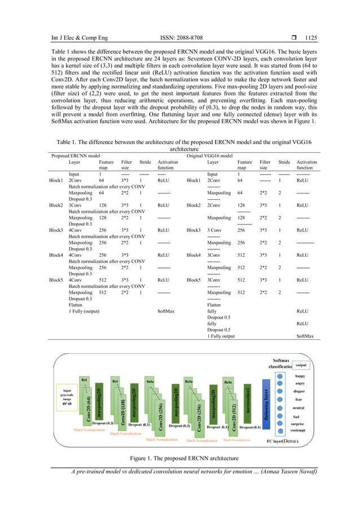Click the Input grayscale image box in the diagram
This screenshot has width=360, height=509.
click(67, 396)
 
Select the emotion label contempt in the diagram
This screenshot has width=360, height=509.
click(300, 429)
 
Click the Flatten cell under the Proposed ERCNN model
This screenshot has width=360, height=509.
click(76, 304)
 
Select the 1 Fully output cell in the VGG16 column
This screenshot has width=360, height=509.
click(221, 336)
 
